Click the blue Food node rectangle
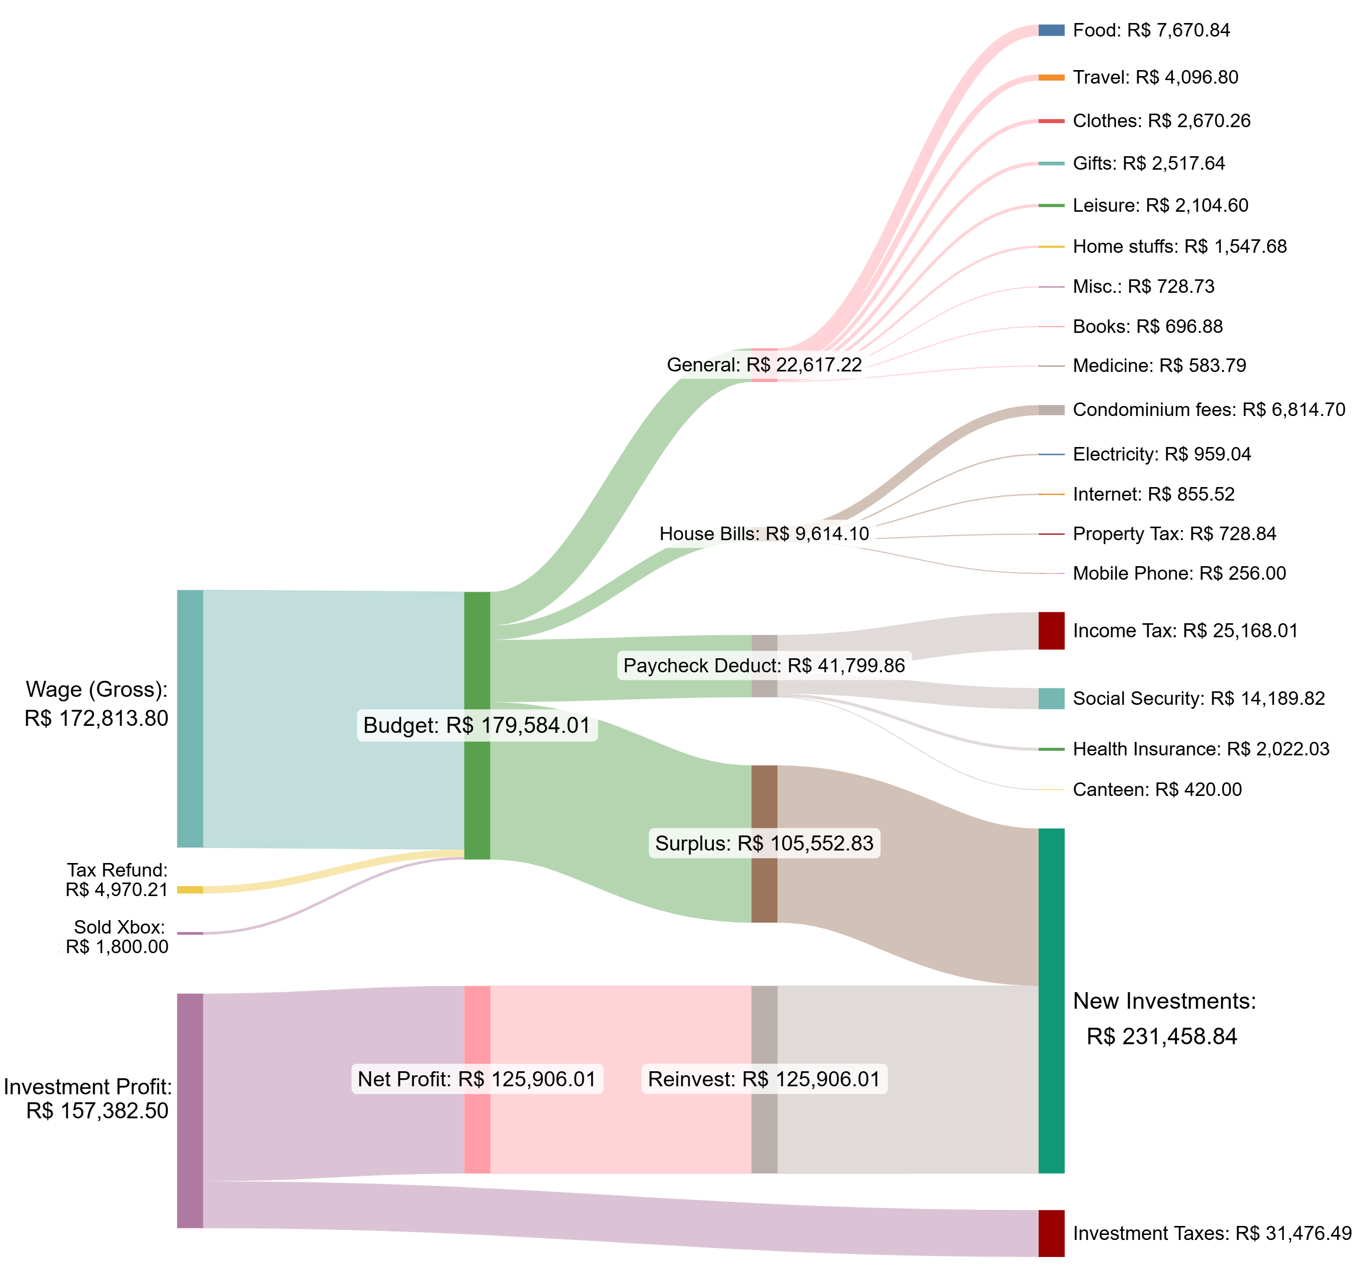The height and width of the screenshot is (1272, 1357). pyautogui.click(x=1051, y=30)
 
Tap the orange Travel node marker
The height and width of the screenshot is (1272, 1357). pyautogui.click(x=1051, y=78)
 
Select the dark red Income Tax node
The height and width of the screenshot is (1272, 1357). pyautogui.click(x=1051, y=631)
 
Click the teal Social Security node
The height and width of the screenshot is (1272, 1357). pyautogui.click(x=1051, y=698)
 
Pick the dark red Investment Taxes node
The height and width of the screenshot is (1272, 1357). pyautogui.click(x=1051, y=1233)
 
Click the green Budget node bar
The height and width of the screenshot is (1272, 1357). pyautogui.click(x=477, y=785)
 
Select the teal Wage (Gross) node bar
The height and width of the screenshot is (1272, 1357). pyautogui.click(x=190, y=718)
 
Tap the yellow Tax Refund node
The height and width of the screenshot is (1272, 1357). pyautogui.click(x=190, y=890)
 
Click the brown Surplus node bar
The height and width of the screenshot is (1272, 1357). pyautogui.click(x=764, y=888)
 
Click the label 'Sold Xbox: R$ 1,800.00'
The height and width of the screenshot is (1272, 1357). pyautogui.click(x=118, y=937)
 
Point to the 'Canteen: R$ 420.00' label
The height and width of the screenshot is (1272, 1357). pyautogui.click(x=1157, y=789)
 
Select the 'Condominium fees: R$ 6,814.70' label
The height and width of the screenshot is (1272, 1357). pyautogui.click(x=1209, y=409)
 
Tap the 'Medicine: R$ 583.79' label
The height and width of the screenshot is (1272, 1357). pyautogui.click(x=1159, y=366)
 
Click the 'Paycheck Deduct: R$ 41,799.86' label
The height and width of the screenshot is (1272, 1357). pyautogui.click(x=764, y=666)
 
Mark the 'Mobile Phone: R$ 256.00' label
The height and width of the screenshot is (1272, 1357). pyautogui.click(x=1179, y=574)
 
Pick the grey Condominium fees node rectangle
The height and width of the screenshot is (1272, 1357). pyautogui.click(x=1051, y=409)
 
